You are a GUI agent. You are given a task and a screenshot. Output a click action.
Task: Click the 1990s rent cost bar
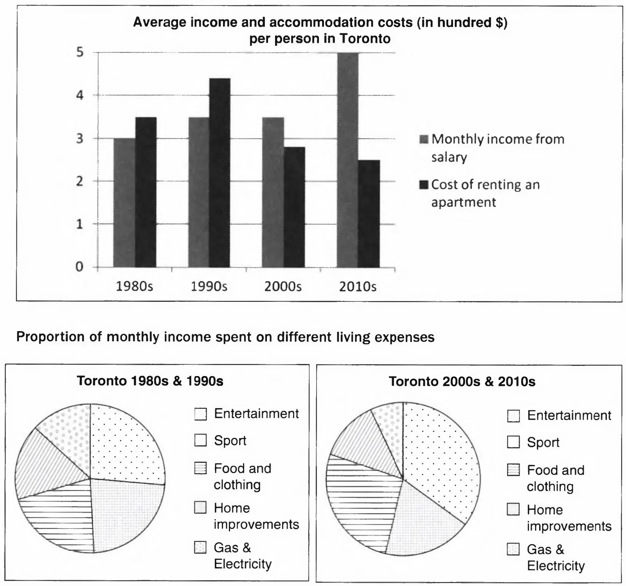219,172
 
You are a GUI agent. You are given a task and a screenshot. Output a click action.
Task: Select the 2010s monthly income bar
347,160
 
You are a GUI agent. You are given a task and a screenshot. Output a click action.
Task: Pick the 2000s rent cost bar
294,207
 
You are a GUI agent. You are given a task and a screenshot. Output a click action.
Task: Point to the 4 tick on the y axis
80,95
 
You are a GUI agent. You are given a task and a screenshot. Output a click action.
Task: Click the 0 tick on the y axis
80,267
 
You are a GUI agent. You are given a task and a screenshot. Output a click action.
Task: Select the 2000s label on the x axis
283,287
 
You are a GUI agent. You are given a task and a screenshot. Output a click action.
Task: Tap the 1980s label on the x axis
134,287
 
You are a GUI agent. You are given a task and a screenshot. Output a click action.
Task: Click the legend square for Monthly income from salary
424,139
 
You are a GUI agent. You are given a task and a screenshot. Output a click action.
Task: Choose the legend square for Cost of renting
424,185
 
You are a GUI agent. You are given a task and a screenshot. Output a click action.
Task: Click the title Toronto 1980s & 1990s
150,381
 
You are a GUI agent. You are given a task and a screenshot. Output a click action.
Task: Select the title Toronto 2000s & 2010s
462,382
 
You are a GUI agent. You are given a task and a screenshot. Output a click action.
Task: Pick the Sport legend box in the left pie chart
200,441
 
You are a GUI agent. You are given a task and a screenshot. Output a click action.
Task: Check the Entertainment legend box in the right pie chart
513,416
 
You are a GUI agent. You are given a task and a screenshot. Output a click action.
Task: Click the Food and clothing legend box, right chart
513,470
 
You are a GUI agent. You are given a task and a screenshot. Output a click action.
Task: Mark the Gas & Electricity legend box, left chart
200,548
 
